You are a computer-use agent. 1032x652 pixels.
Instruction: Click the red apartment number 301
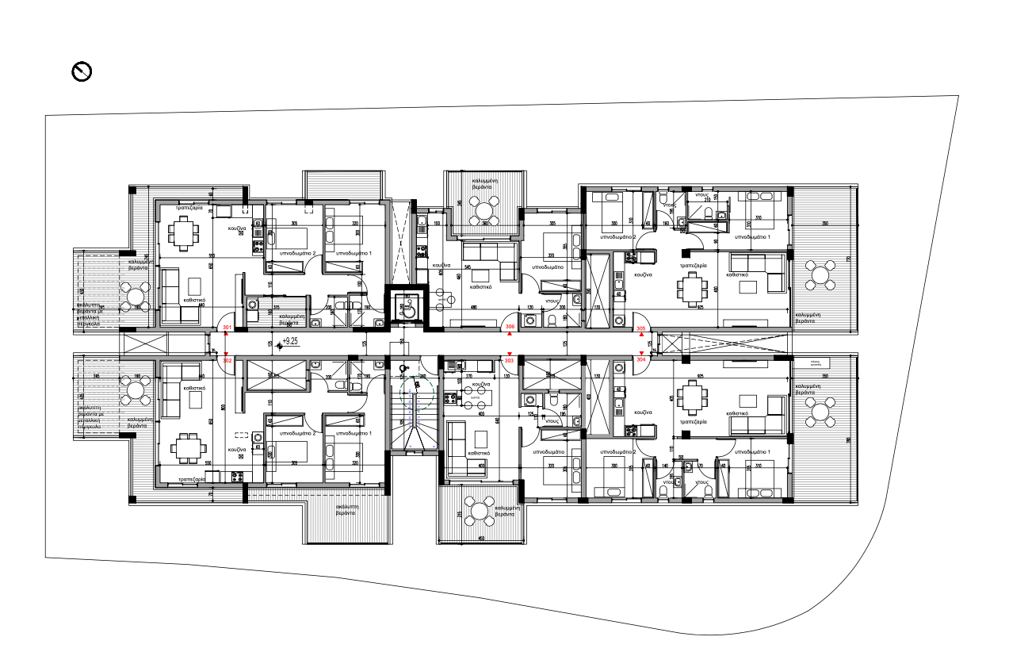(x=227, y=327)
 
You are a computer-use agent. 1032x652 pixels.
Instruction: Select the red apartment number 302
(x=227, y=360)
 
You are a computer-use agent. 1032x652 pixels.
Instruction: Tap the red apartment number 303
(x=509, y=360)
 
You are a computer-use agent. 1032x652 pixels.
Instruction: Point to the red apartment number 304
(x=640, y=359)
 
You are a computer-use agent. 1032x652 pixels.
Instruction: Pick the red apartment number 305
(x=640, y=328)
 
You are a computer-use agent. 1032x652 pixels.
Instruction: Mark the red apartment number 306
(x=510, y=327)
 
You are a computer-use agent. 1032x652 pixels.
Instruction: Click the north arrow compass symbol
(x=82, y=72)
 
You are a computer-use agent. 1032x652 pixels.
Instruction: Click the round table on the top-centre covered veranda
(x=483, y=210)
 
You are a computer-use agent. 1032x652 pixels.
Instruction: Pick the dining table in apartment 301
(x=184, y=232)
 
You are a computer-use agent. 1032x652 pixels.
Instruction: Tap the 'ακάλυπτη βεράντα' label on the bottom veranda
(x=350, y=508)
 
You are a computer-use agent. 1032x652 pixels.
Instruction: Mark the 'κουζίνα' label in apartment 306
(x=441, y=265)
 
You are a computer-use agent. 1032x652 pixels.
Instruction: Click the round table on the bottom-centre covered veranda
(x=480, y=510)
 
